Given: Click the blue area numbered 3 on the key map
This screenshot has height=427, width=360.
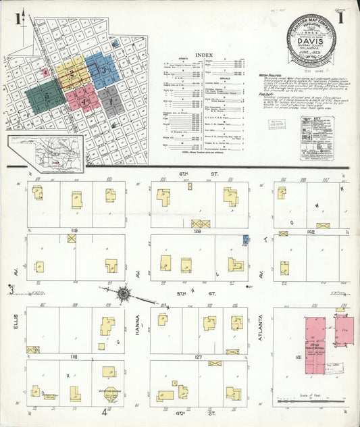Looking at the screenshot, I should click(103, 70).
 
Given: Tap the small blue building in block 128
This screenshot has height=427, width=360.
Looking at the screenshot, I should click(245, 240).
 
